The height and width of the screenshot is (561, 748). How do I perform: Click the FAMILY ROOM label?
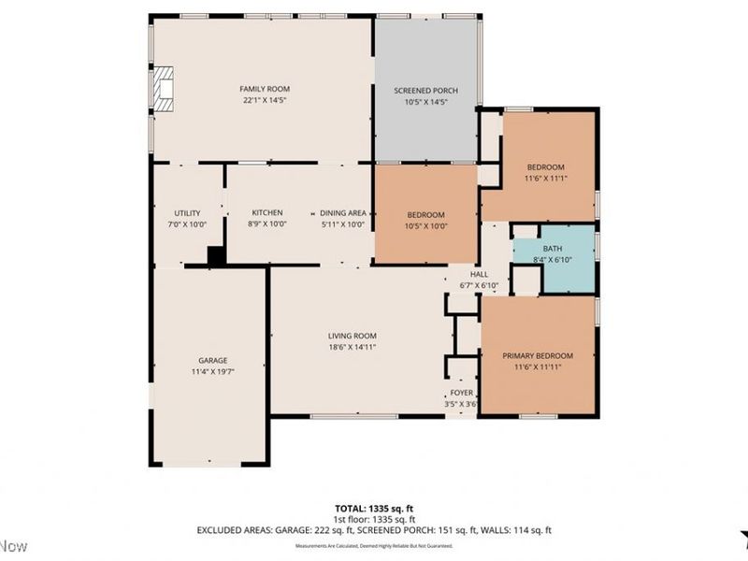tap(262, 89)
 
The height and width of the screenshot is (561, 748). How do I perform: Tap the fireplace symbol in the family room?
tap(163, 90)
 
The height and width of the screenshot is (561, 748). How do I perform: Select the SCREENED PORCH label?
tap(426, 90)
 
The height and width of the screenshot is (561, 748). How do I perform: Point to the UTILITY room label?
tap(187, 213)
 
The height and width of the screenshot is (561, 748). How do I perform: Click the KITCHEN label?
tap(266, 213)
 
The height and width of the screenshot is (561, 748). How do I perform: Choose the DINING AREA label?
tap(342, 213)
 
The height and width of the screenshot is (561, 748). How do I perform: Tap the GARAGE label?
tap(211, 360)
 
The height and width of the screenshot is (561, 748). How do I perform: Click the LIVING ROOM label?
tap(352, 336)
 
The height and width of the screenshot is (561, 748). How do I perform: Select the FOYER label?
tap(461, 393)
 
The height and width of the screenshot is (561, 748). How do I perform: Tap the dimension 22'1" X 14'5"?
tap(262, 100)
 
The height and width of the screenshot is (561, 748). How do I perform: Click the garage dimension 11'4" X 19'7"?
tap(211, 371)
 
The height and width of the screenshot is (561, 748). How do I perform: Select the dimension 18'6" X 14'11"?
tap(352, 347)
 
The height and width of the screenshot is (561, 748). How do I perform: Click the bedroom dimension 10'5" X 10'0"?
tap(426, 224)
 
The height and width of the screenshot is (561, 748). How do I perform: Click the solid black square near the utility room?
tap(216, 255)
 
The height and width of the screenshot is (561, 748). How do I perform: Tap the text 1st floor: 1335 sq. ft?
tap(374, 519)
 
